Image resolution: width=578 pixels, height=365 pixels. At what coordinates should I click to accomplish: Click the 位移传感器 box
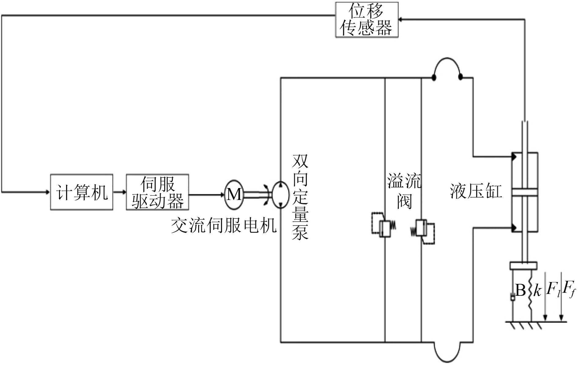[x=367, y=20]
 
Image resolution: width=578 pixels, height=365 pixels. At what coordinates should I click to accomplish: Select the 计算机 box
[x=82, y=192]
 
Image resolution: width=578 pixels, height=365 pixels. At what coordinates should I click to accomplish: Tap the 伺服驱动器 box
[x=157, y=192]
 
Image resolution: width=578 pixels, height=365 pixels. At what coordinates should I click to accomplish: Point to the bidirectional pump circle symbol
[x=280, y=195]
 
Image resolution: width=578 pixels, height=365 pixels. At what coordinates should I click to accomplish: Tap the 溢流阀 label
[x=404, y=191]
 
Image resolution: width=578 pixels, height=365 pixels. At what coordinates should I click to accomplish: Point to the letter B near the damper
[x=520, y=290]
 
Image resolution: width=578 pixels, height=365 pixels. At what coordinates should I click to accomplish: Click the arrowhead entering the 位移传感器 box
[x=401, y=20]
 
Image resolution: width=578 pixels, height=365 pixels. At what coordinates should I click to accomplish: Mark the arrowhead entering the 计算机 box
[x=47, y=192]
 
